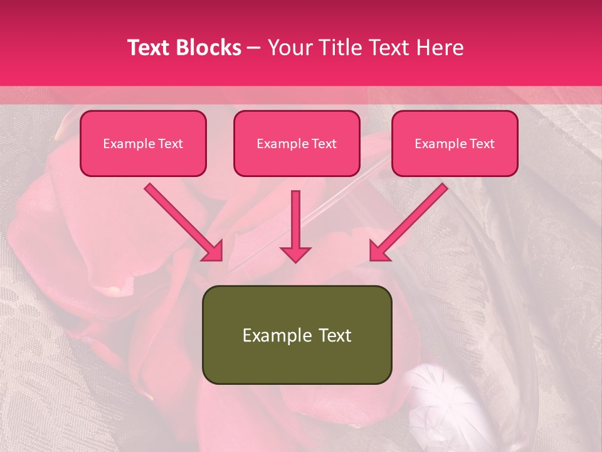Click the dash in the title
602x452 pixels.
click(x=254, y=48)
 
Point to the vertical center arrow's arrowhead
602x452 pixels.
click(x=295, y=254)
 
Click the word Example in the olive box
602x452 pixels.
click(x=268, y=335)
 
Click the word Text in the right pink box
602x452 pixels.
click(x=482, y=144)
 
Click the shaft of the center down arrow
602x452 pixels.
click(x=295, y=217)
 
